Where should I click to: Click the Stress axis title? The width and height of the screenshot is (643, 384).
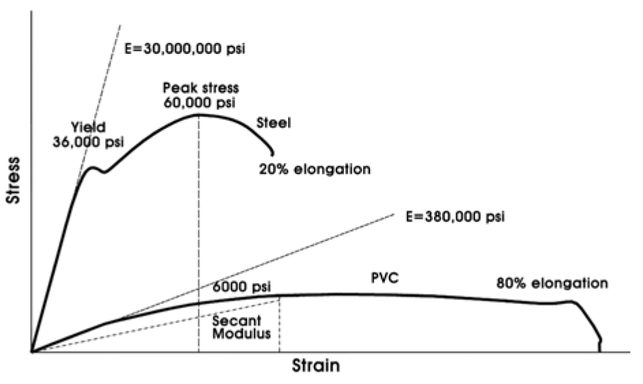pyautogui.click(x=12, y=184)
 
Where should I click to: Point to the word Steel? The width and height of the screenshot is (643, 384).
pyautogui.click(x=274, y=123)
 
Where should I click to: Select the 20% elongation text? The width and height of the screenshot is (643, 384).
pyautogui.click(x=315, y=169)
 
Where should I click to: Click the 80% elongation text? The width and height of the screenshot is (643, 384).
pyautogui.click(x=552, y=282)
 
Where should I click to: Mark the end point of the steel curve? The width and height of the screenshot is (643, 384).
pyautogui.click(x=273, y=153)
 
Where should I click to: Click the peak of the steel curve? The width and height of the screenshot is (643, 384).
pyautogui.click(x=199, y=114)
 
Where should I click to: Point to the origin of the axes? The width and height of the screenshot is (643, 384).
pyautogui.click(x=31, y=353)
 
